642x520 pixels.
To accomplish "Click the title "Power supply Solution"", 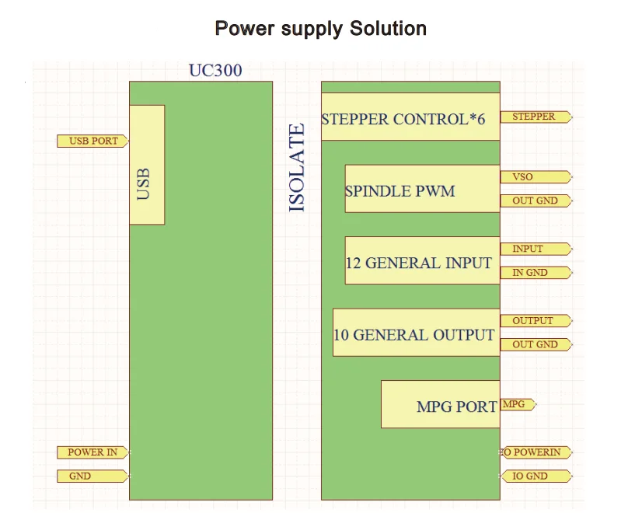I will tap(320, 30).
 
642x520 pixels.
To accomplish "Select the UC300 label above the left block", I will tap(215, 71).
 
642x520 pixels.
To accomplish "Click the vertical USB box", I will tap(146, 165).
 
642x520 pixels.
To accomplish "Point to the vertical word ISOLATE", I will tap(297, 168).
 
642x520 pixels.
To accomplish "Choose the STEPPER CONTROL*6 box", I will tap(410, 117).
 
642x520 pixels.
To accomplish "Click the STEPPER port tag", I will tap(536, 117).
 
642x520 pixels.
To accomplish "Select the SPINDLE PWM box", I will tap(422, 188).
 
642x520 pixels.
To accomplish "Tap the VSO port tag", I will tap(536, 176).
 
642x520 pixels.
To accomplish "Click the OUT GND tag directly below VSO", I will tap(536, 201).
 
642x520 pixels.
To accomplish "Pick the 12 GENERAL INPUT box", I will tap(422, 260).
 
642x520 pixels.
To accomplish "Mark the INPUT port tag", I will tap(536, 249).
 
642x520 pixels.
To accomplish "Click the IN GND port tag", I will tap(536, 273).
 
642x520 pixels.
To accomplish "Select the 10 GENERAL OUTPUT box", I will tap(416, 333).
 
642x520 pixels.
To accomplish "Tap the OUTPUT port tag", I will tap(536, 320).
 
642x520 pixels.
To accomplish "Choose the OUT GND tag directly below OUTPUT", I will tap(536, 344).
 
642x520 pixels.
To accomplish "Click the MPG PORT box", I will tap(440, 404).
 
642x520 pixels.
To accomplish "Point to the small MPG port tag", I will tap(517, 404).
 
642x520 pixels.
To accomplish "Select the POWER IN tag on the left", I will tap(92, 452).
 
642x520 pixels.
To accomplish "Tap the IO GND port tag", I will tap(536, 476).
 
